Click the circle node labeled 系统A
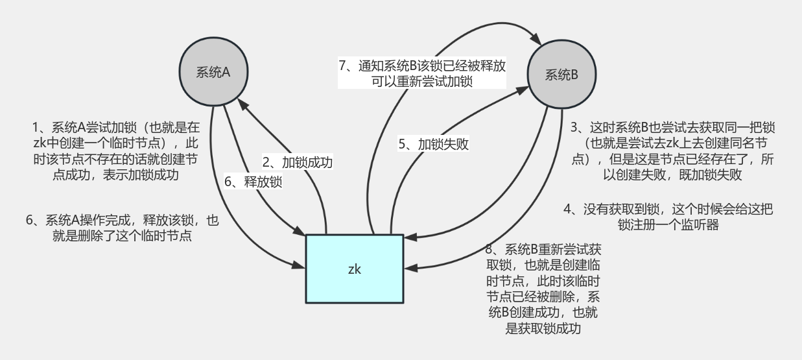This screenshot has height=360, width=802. pos(213,72)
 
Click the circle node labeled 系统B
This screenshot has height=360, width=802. pos(561,74)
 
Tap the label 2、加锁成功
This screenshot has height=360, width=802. pos(297,162)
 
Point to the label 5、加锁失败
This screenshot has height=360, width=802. pos(433,144)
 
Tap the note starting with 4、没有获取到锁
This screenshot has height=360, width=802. pos(668,217)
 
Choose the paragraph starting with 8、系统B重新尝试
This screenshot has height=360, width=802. pos(543,289)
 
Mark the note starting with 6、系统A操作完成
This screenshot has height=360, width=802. pos(122,229)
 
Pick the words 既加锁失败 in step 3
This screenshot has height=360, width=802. pos(711,175)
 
